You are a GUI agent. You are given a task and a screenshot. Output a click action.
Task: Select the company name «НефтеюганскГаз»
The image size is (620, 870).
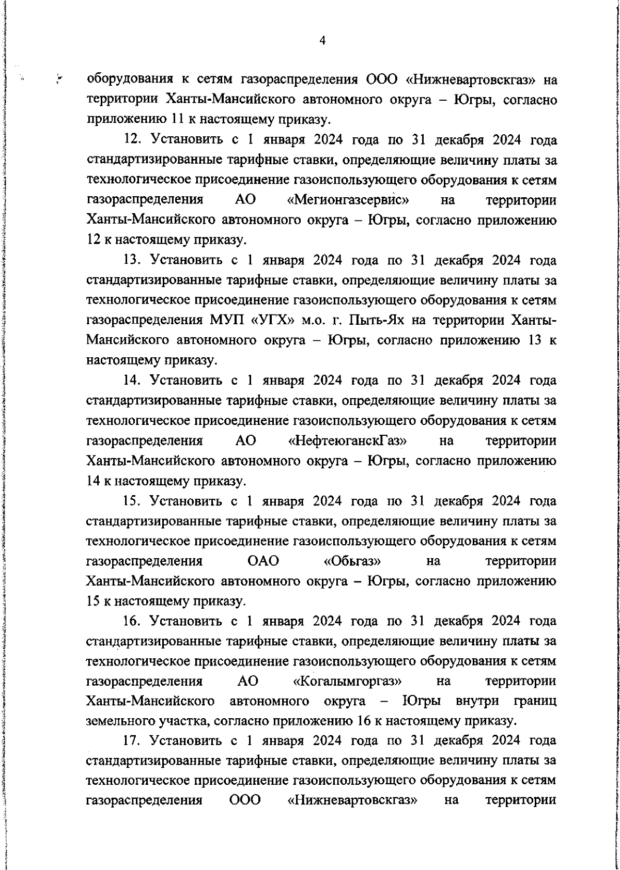[347, 441]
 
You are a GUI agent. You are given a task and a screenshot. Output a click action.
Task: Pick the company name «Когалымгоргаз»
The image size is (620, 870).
[347, 682]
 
